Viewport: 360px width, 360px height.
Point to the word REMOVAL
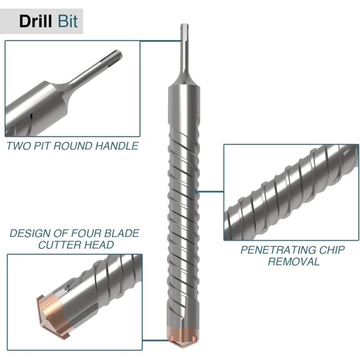[x=293, y=261]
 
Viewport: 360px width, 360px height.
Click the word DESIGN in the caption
[x=32, y=233]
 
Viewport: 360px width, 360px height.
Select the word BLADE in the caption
[x=119, y=233]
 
